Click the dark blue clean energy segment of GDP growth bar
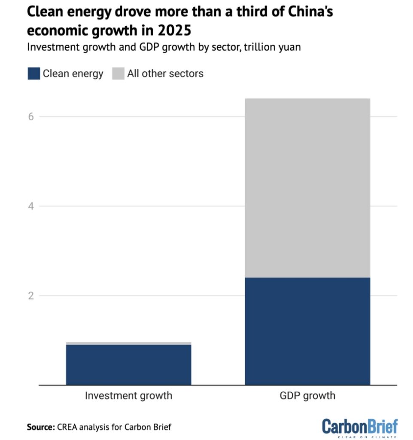(307, 331)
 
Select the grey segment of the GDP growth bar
(307, 188)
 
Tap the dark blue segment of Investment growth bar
(128, 364)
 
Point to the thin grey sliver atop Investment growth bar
(128, 343)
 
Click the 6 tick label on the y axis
(31, 116)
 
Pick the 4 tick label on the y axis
(31, 206)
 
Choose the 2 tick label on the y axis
(31, 296)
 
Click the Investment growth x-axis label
(128, 395)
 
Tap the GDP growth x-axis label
(307, 395)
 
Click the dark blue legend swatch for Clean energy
(33, 73)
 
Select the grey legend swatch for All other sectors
(118, 73)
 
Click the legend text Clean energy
(73, 73)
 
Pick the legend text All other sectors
(165, 73)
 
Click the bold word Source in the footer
(39, 427)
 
